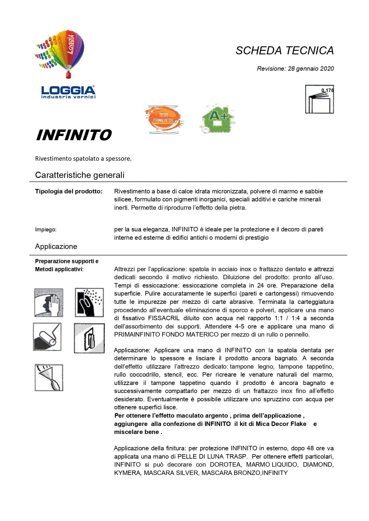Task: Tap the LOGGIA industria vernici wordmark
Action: (x=68, y=92)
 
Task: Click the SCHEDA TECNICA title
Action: (x=285, y=50)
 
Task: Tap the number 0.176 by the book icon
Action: (x=327, y=90)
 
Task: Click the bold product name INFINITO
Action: (x=73, y=135)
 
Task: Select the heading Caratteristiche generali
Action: (x=80, y=175)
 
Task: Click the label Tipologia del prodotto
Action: (x=69, y=191)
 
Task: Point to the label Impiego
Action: (x=46, y=230)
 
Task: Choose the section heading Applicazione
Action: (x=56, y=247)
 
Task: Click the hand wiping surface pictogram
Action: (x=49, y=303)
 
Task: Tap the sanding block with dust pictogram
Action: (x=89, y=302)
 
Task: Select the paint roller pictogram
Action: (x=47, y=337)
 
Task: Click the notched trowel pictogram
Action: (x=89, y=338)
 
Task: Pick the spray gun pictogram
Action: (x=49, y=377)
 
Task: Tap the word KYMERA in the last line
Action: (x=127, y=473)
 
